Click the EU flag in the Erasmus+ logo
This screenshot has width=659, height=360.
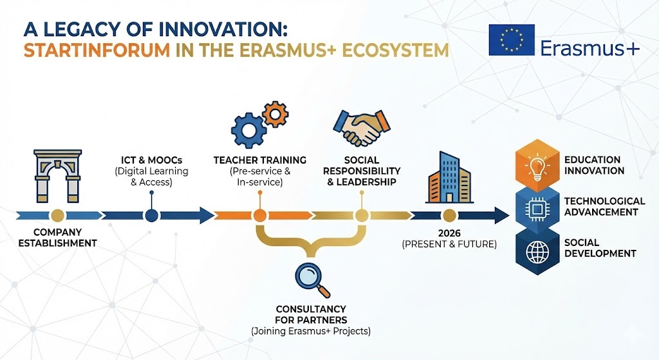pyautogui.click(x=511, y=40)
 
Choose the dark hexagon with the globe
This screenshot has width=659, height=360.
pyautogui.click(x=535, y=251)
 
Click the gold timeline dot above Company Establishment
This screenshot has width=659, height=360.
pyautogui.click(x=57, y=215)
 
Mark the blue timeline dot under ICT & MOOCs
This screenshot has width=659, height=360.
pyautogui.click(x=151, y=215)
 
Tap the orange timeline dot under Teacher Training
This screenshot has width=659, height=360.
pyautogui.click(x=259, y=215)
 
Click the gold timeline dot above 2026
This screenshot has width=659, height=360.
pyautogui.click(x=449, y=215)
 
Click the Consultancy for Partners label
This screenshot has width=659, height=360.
pyautogui.click(x=311, y=314)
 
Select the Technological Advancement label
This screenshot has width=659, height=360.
pyautogui.click(x=604, y=207)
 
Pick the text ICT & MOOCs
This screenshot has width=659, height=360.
pyautogui.click(x=151, y=160)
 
